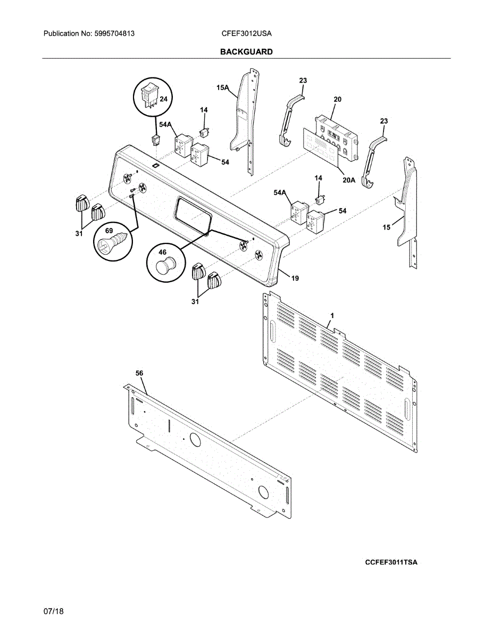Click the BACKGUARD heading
246,52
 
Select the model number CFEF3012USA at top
246,33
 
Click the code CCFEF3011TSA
391,562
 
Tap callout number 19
295,278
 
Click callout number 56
139,374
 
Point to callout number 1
332,316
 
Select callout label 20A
348,180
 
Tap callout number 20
337,100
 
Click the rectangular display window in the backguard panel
193,212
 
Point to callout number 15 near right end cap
387,227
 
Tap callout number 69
109,232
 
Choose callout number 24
163,99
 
